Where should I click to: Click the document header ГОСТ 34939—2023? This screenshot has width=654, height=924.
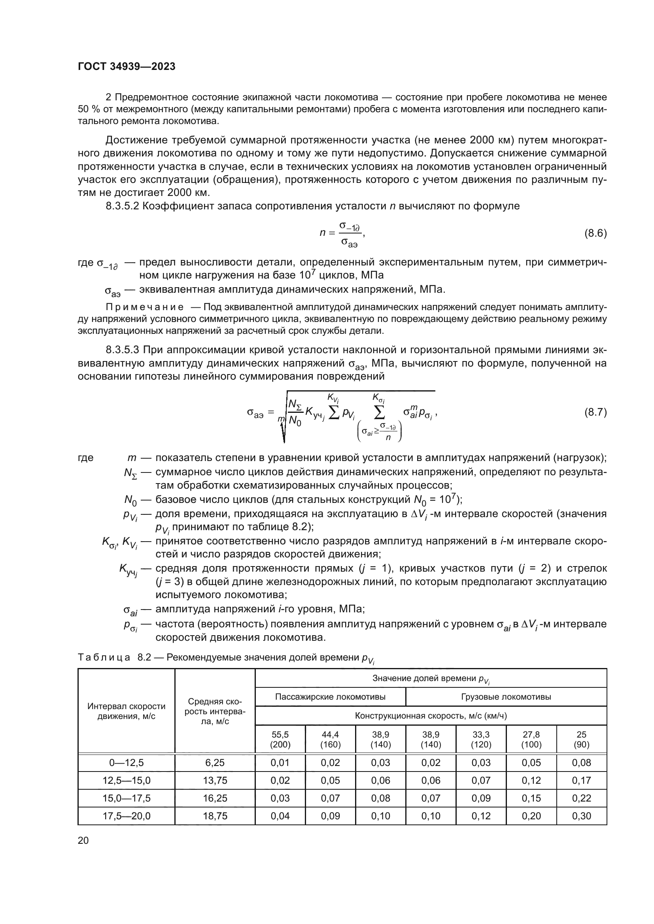(127, 67)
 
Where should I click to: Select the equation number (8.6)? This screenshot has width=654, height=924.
(595, 233)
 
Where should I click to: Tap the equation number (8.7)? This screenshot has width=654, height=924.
(595, 412)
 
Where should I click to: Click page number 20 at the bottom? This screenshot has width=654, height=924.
(83, 840)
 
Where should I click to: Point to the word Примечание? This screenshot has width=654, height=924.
(145, 307)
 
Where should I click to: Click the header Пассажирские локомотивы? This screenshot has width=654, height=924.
(330, 696)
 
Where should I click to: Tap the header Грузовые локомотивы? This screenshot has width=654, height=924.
(506, 696)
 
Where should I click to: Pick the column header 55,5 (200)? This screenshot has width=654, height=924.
(280, 739)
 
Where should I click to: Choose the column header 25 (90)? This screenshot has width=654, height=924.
(581, 739)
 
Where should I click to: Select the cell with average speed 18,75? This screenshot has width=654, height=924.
(215, 816)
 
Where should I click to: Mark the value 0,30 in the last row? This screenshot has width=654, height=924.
(581, 816)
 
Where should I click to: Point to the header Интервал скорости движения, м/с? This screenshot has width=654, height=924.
(127, 711)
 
